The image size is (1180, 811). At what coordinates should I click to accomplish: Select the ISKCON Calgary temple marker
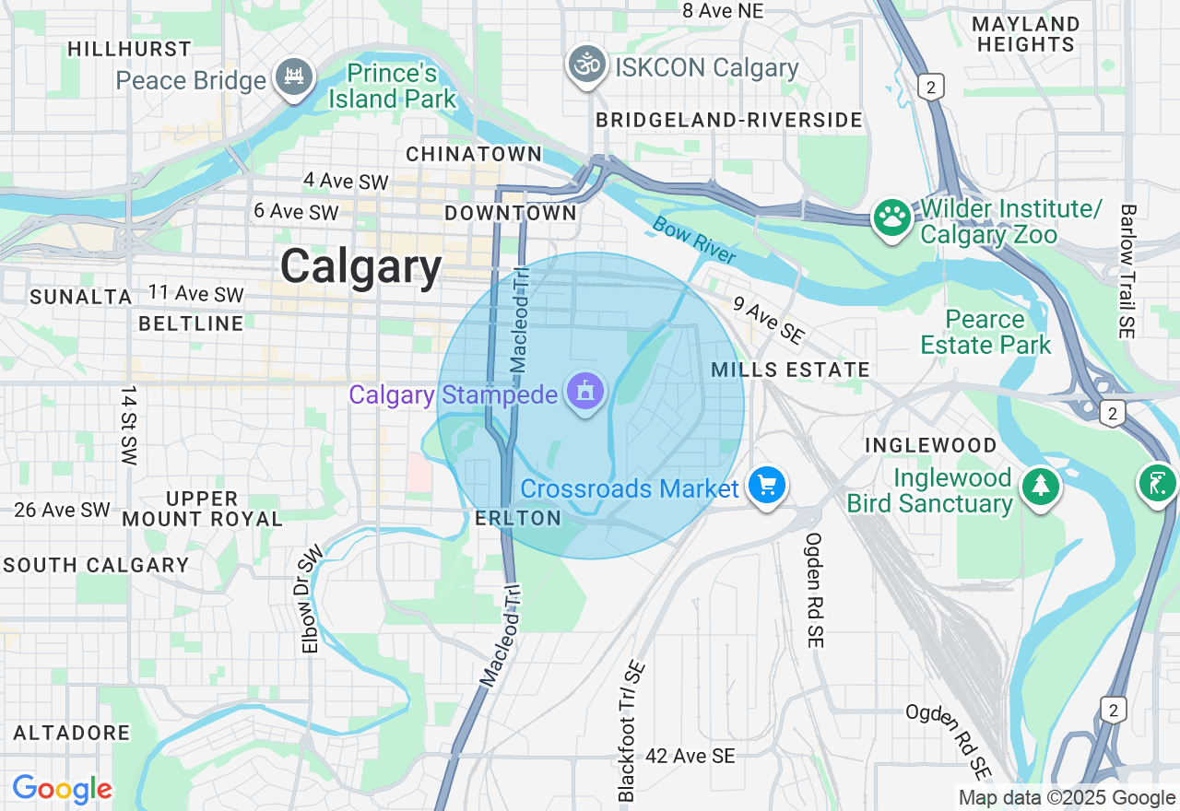(x=586, y=65)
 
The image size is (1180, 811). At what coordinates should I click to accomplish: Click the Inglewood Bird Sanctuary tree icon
(x=1040, y=485)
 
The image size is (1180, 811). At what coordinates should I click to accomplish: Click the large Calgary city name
(x=361, y=267)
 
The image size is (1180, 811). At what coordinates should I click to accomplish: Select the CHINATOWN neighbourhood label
(x=475, y=154)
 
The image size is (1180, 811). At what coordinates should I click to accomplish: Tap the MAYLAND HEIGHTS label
(x=1025, y=34)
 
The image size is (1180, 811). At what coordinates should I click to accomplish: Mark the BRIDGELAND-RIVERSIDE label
(x=728, y=120)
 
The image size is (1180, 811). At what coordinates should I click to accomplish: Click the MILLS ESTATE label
(x=791, y=370)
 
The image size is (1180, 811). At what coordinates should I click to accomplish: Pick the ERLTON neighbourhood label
(x=518, y=518)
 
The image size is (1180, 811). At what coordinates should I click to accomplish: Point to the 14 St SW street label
(x=128, y=426)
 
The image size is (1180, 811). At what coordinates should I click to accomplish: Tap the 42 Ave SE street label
(x=690, y=756)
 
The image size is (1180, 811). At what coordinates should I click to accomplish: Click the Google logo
(x=62, y=789)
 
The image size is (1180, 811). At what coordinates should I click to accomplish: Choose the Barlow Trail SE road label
(x=1127, y=272)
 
